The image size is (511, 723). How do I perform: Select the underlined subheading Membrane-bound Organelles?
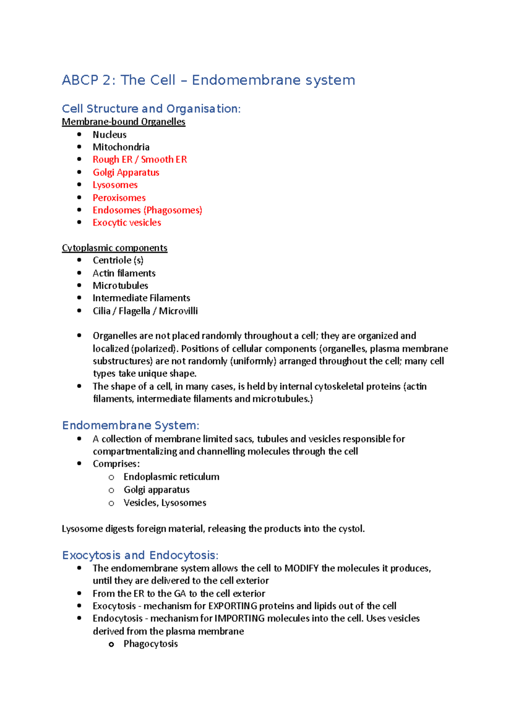[123, 122]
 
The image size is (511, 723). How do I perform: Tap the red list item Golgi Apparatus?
[126, 172]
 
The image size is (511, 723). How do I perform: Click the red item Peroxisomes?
[119, 198]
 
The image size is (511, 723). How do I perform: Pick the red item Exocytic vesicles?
[127, 223]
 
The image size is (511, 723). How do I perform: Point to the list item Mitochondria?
[121, 147]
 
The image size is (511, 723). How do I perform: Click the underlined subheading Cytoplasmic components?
[115, 248]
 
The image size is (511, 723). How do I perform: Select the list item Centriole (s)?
[118, 260]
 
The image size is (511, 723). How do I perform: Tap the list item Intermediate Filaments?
[141, 298]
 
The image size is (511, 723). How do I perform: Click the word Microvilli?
[178, 311]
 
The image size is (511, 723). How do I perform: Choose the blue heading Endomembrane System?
[130, 425]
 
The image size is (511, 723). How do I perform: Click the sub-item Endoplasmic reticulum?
[171, 477]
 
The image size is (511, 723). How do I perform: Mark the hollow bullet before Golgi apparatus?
[112, 491]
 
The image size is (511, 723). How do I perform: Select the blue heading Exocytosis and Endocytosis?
[140, 555]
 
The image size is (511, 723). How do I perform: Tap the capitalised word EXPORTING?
[233, 606]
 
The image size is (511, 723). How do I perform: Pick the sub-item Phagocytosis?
[150, 644]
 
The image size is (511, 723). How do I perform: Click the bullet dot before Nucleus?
[79, 134]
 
